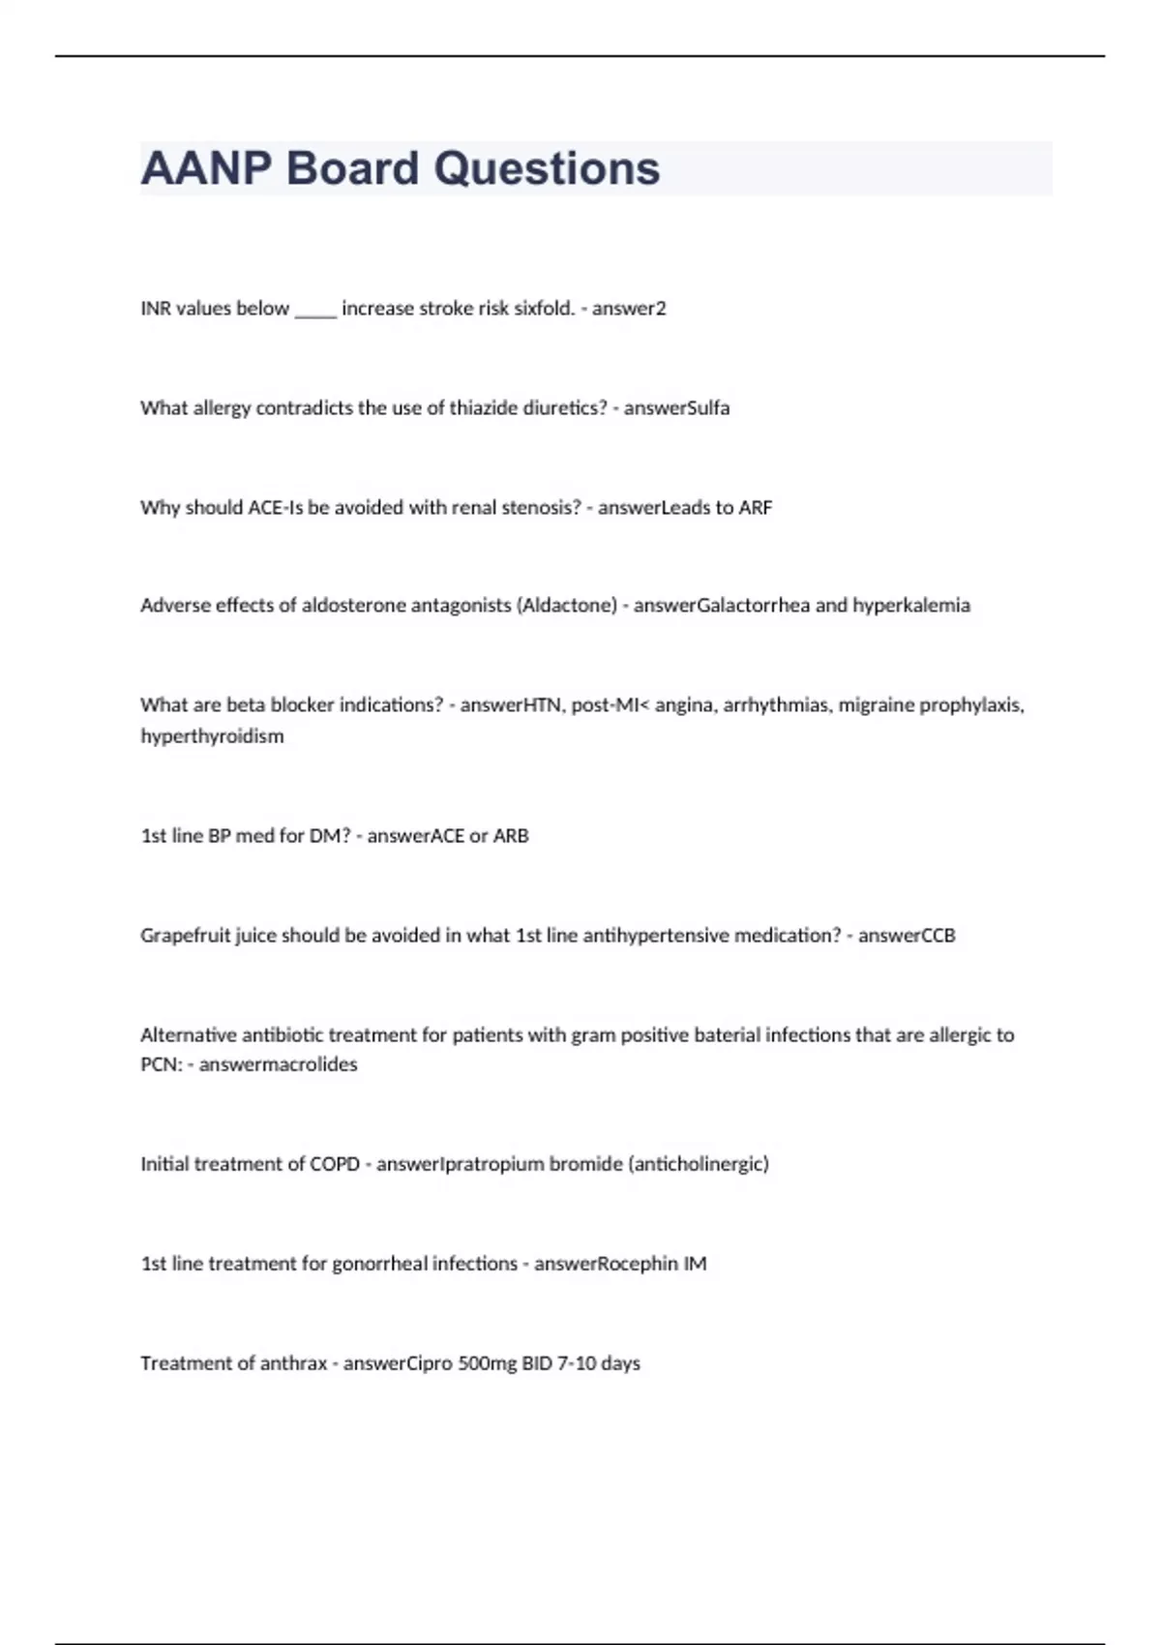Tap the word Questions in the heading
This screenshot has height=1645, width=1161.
click(547, 168)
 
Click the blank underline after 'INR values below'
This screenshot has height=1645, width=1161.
click(315, 310)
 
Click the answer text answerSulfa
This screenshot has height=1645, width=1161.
click(676, 408)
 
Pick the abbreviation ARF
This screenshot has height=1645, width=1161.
click(755, 508)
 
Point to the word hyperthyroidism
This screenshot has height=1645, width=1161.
click(212, 736)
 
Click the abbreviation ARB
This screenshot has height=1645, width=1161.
click(511, 836)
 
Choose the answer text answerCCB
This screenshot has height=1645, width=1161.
click(907, 936)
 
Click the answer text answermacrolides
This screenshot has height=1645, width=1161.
click(278, 1064)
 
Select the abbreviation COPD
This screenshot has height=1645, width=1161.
click(334, 1164)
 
